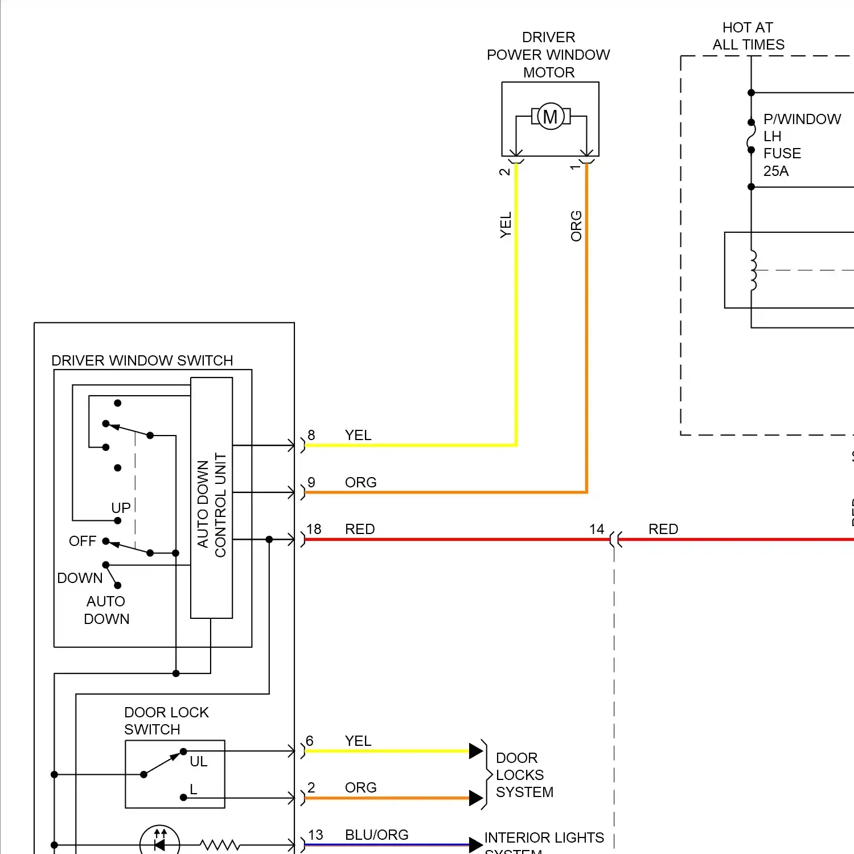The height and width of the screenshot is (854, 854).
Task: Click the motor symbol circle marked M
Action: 551,117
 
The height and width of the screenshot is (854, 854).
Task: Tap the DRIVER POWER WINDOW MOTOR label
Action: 548,55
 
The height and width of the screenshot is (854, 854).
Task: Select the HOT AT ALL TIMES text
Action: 748,36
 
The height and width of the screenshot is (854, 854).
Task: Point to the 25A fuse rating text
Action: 775,171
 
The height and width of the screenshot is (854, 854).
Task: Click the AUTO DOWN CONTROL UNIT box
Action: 211,498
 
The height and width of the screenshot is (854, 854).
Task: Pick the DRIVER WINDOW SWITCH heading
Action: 142,360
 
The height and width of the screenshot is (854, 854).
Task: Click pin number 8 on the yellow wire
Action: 311,435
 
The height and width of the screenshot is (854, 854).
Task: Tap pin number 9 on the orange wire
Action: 311,482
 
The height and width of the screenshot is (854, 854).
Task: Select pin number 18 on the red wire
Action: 314,529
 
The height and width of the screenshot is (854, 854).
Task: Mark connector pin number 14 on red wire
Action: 597,529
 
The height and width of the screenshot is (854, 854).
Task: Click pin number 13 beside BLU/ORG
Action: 315,835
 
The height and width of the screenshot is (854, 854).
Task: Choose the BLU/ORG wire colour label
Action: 376,835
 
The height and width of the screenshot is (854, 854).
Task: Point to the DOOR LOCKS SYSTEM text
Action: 524,775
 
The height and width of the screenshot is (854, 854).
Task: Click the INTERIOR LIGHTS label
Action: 544,837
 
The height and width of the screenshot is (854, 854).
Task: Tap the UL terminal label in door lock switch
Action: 198,761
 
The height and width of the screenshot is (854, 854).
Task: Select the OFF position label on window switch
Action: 83,541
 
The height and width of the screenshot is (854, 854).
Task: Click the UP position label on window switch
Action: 121,507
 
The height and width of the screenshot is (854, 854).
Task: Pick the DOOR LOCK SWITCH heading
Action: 166,721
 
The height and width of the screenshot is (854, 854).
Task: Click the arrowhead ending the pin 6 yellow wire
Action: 476,751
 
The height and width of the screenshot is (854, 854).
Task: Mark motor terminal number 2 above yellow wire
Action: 504,171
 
